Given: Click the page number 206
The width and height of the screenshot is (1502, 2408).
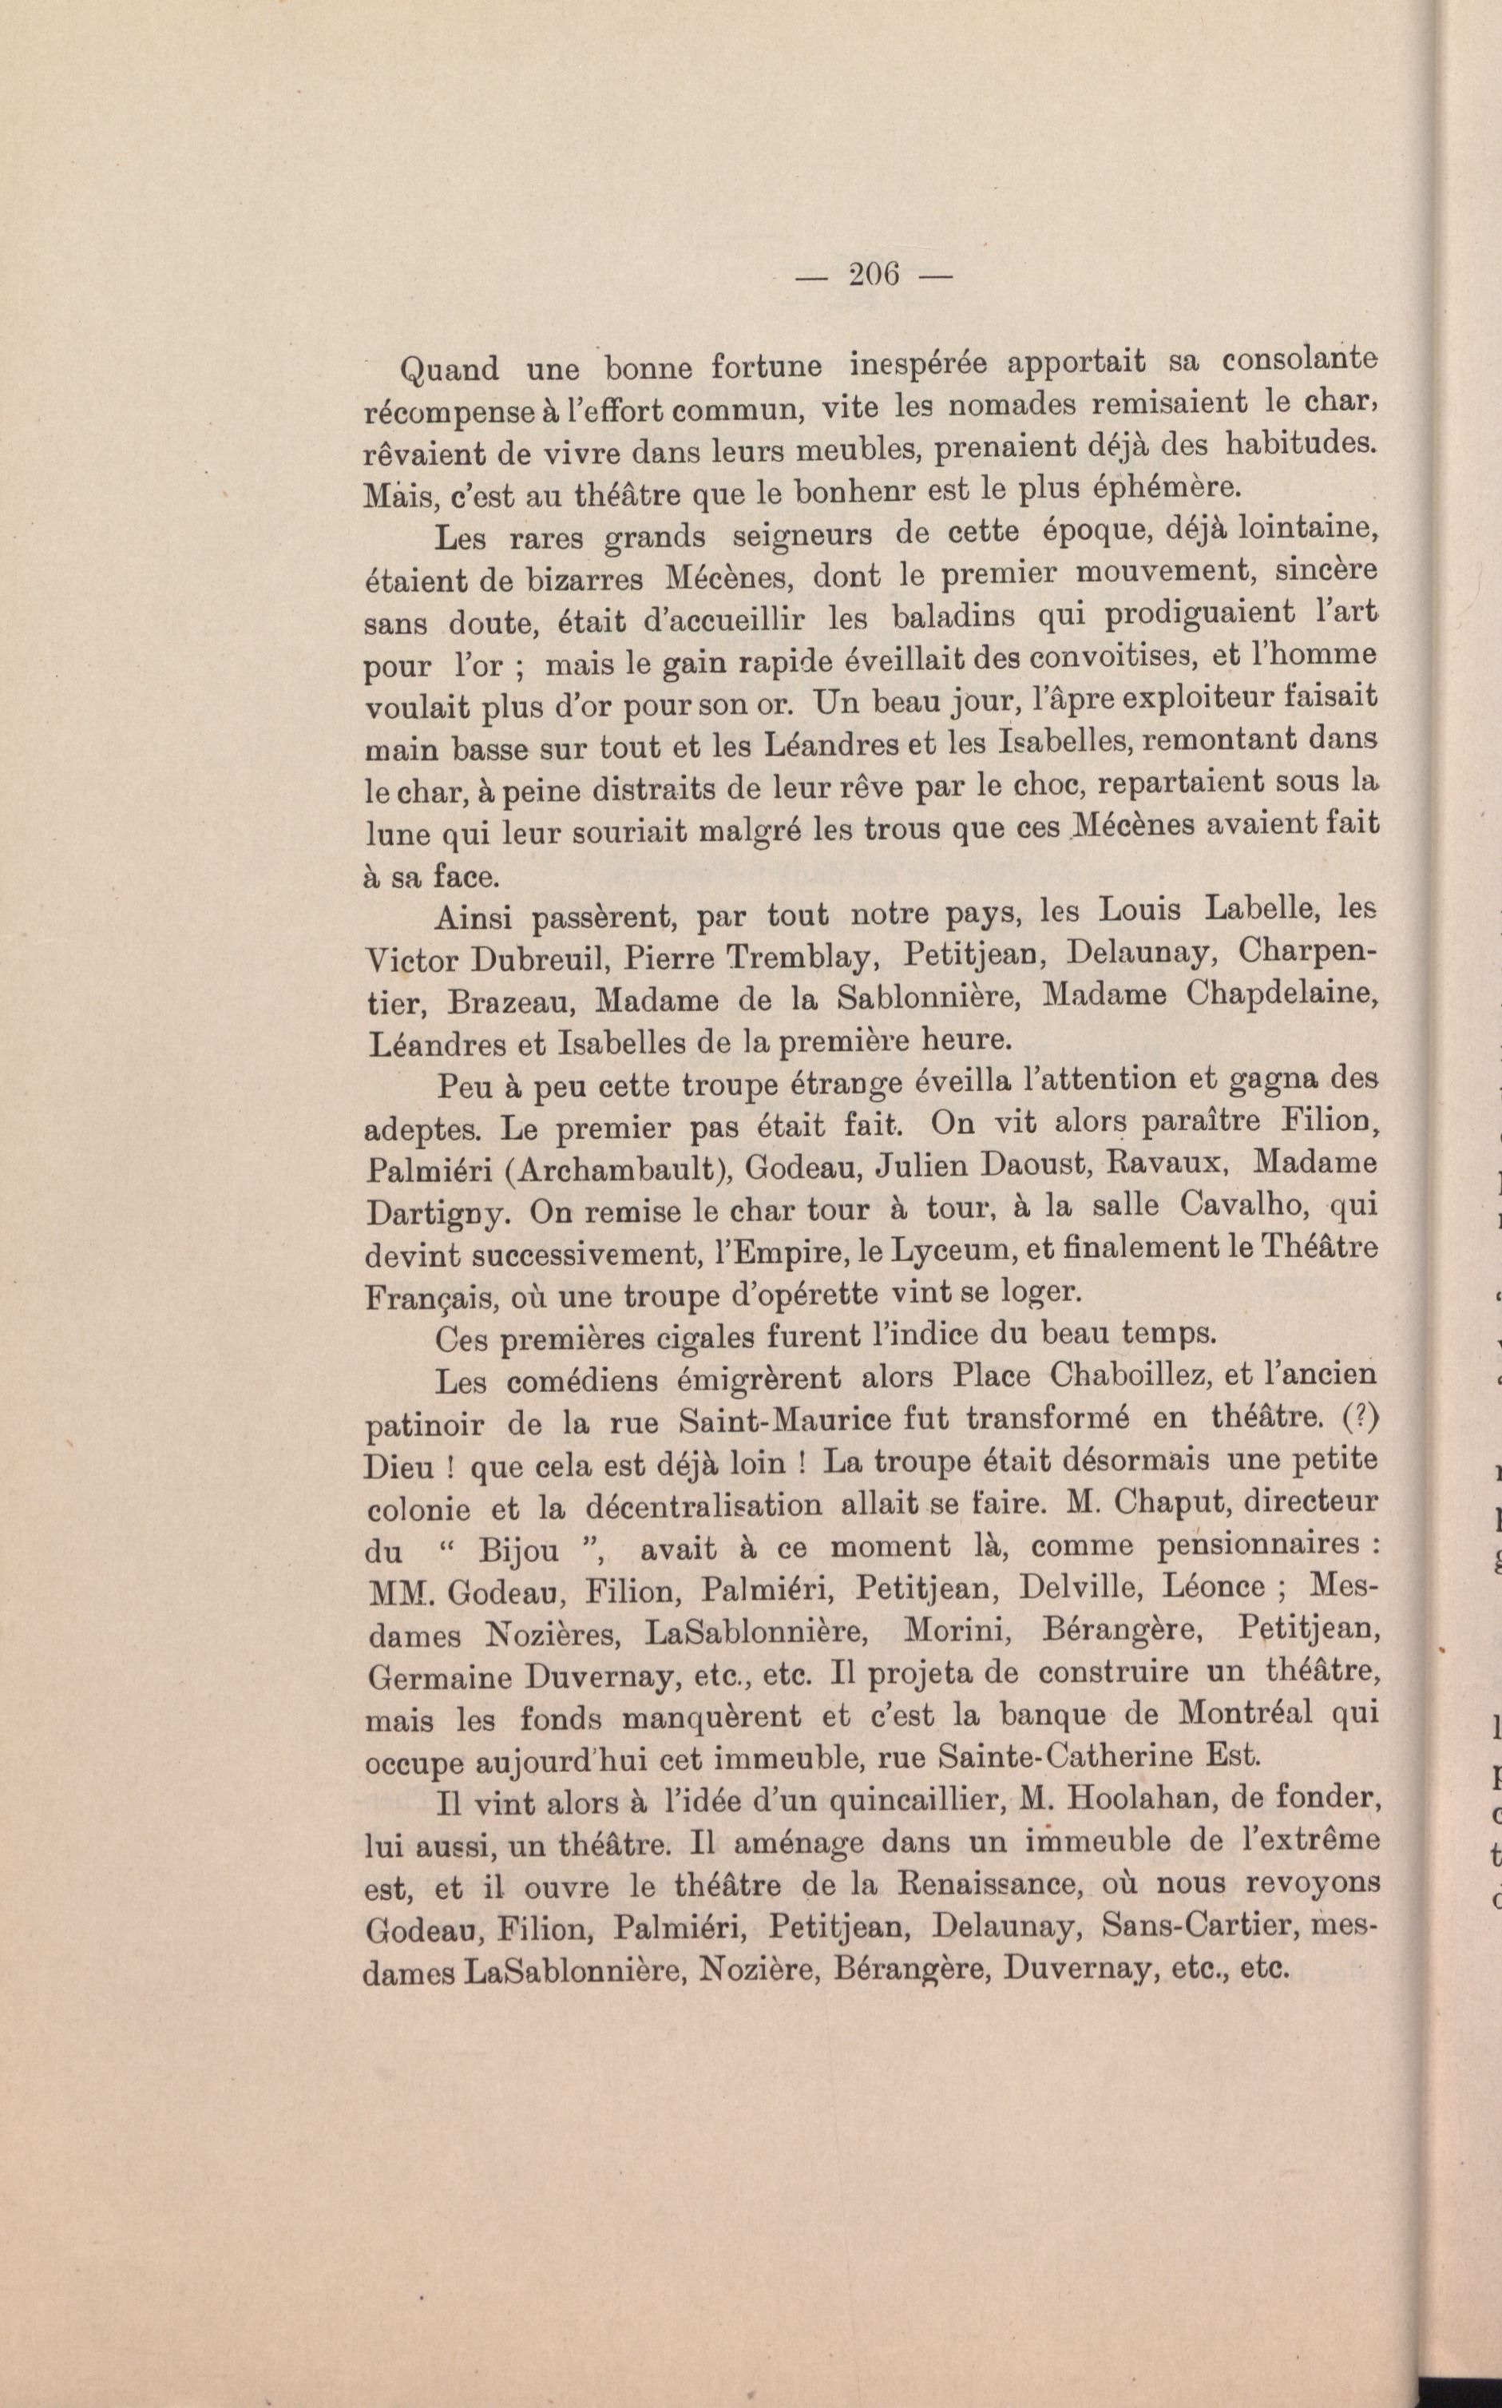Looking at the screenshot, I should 874,273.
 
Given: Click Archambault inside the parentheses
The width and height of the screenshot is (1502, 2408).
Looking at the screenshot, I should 622,1169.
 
